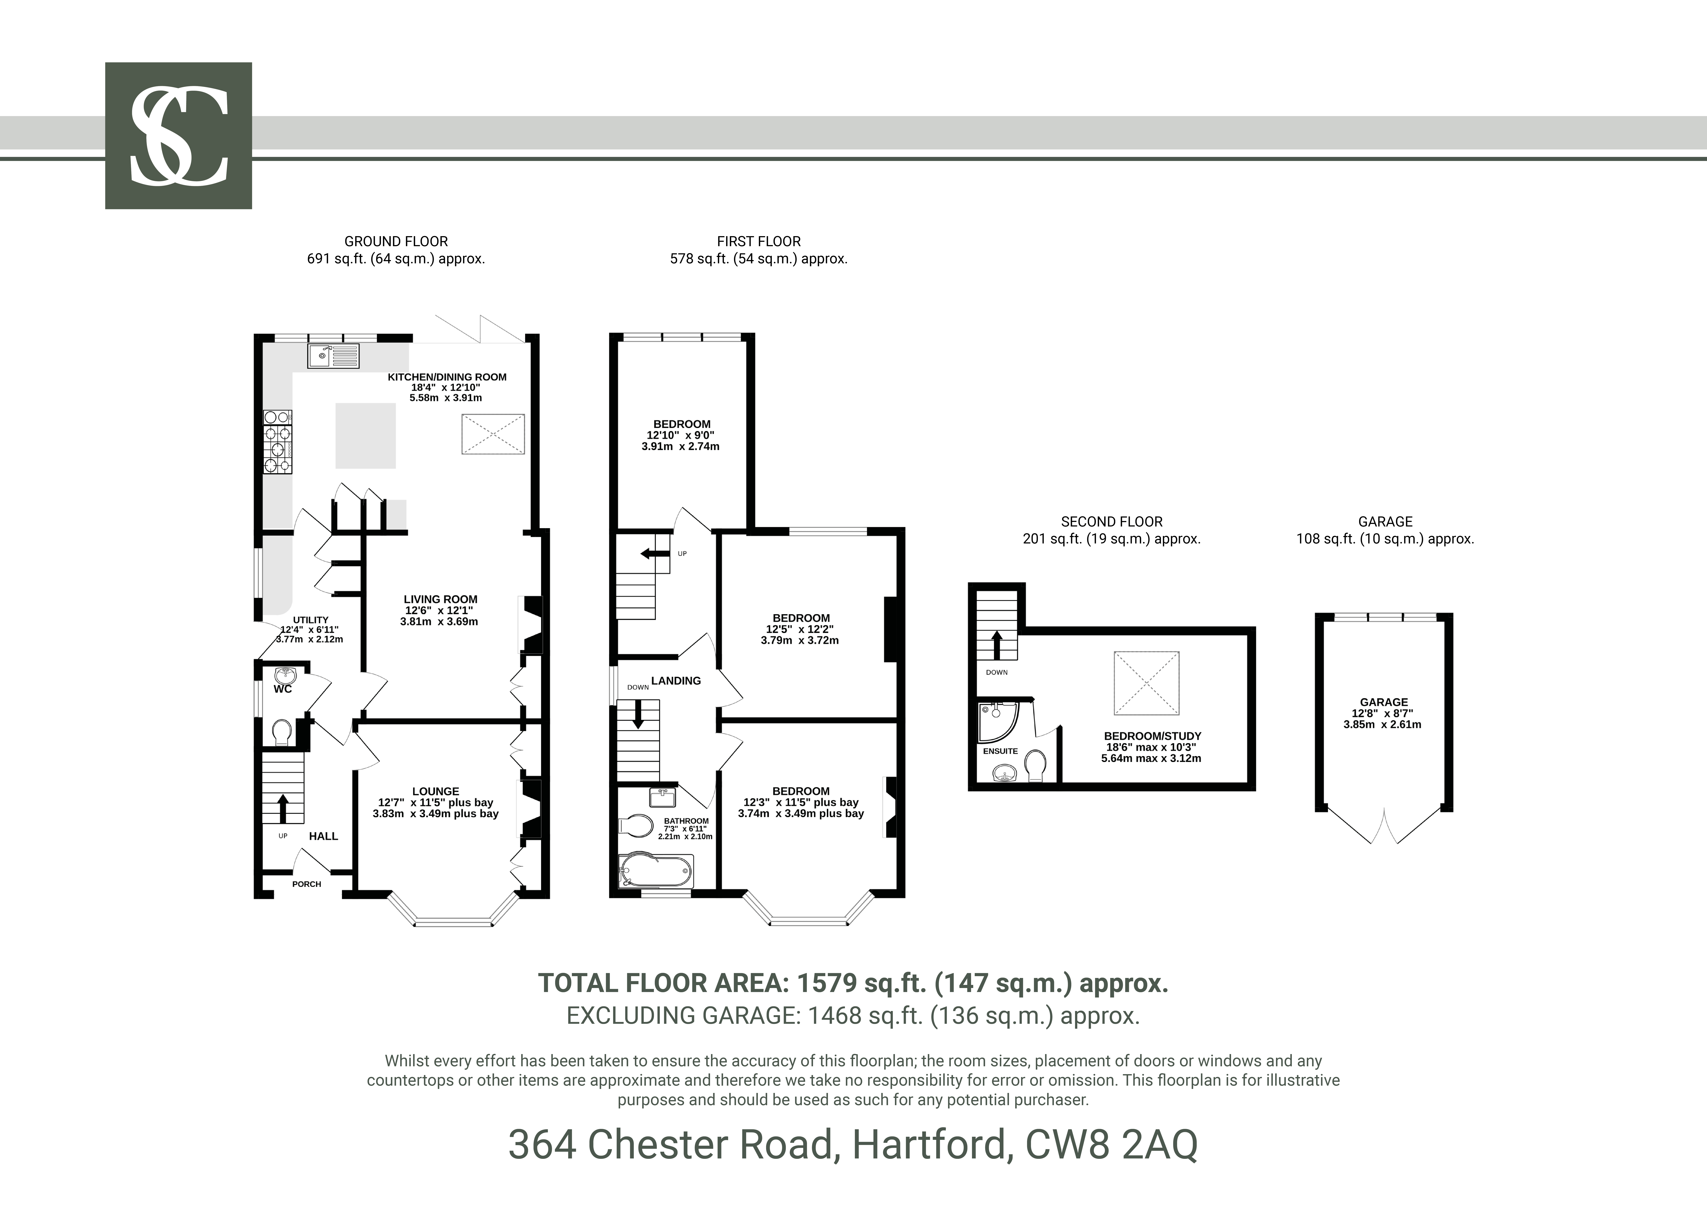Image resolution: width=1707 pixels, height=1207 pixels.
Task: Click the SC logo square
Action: (x=178, y=135)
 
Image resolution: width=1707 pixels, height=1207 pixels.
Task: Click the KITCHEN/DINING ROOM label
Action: (x=447, y=377)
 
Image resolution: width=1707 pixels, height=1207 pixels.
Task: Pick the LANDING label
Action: (x=676, y=681)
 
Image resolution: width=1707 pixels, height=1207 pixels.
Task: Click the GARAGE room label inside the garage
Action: (x=1384, y=702)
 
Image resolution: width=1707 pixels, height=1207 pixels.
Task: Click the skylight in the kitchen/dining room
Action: (x=493, y=434)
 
